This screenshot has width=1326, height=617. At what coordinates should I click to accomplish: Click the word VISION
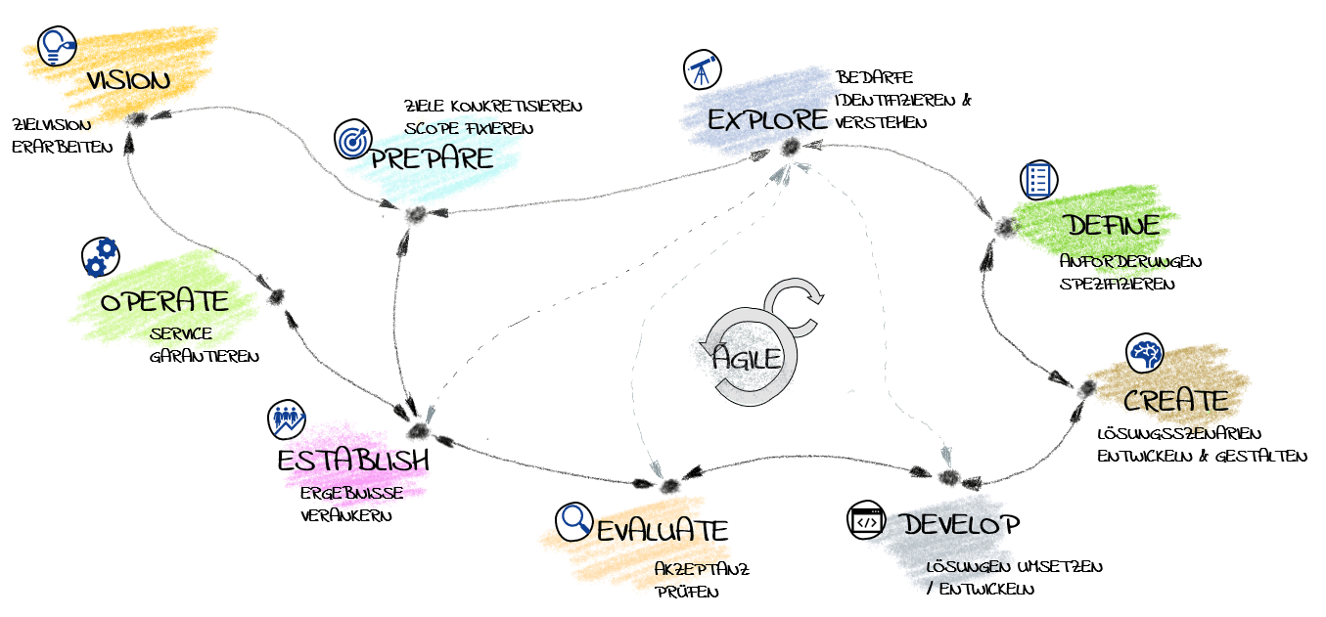coord(127,80)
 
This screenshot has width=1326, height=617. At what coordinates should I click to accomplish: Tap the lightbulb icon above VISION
coord(57,46)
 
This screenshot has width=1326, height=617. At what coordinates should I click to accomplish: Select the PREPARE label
coord(432,158)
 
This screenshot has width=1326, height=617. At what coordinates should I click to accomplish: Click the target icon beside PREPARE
coord(352,141)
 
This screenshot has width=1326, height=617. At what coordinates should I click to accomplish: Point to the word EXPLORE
coord(765,120)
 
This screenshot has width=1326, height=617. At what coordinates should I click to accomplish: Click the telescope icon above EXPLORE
coord(702,69)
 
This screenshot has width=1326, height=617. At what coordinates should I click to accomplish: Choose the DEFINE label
coord(1113,225)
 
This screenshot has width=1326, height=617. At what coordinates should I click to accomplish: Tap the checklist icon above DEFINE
coord(1038,180)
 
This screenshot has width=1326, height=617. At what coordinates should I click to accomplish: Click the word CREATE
coord(1175,401)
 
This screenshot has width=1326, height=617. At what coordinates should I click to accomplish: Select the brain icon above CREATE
coord(1144,354)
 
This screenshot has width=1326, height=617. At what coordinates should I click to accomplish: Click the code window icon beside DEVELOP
coord(866,521)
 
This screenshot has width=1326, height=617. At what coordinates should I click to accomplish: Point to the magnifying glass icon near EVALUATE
coord(574,521)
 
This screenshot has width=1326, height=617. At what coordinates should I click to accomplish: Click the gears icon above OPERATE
coord(100,257)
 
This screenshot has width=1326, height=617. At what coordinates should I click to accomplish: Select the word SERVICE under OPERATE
coord(181,334)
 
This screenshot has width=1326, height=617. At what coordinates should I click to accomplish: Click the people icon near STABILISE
coord(287,420)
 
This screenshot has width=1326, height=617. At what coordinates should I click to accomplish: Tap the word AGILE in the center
coord(748,358)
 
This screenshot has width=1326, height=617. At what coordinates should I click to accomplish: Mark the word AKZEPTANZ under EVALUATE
coord(690,567)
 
